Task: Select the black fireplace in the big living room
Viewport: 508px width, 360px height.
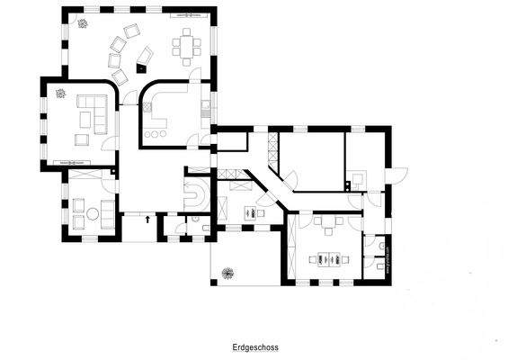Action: point(142,67)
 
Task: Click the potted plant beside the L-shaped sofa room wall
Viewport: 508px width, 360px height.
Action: point(59,93)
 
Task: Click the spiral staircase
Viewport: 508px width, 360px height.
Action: point(196,193)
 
